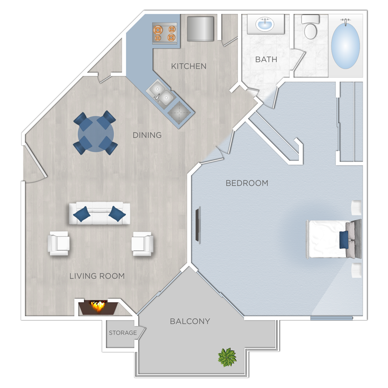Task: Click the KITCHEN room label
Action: tap(188, 66)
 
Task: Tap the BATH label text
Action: tap(266, 60)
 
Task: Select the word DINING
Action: tap(147, 135)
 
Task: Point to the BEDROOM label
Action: tap(247, 183)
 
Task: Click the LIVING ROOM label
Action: tap(97, 276)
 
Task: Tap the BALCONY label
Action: tap(190, 321)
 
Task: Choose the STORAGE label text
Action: tap(123, 333)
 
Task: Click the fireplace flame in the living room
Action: tap(98, 306)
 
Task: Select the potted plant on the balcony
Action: tap(227, 357)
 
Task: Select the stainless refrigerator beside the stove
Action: tap(200, 29)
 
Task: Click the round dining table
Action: tap(95, 133)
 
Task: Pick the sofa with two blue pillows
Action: tap(99, 214)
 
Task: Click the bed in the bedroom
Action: tap(328, 239)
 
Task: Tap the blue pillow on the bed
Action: tap(344, 239)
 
